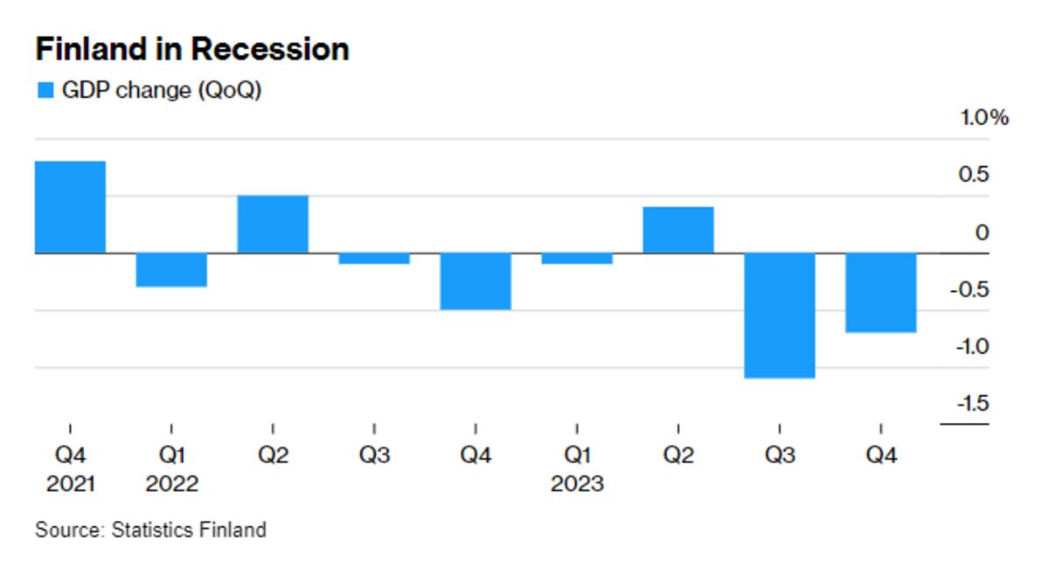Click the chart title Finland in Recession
[191, 49]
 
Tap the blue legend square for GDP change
[45, 91]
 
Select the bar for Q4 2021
[70, 207]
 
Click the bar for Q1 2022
[171, 269]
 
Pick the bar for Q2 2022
[273, 224]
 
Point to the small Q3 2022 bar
[374, 259]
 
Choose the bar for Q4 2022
[476, 281]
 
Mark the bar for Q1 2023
[577, 259]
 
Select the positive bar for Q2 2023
[678, 230]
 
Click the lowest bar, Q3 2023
[780, 315]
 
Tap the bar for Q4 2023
[881, 293]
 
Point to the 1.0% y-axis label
[984, 118]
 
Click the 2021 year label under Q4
[70, 483]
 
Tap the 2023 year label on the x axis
[577, 483]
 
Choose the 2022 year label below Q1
[171, 483]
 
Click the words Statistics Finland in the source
[189, 530]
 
